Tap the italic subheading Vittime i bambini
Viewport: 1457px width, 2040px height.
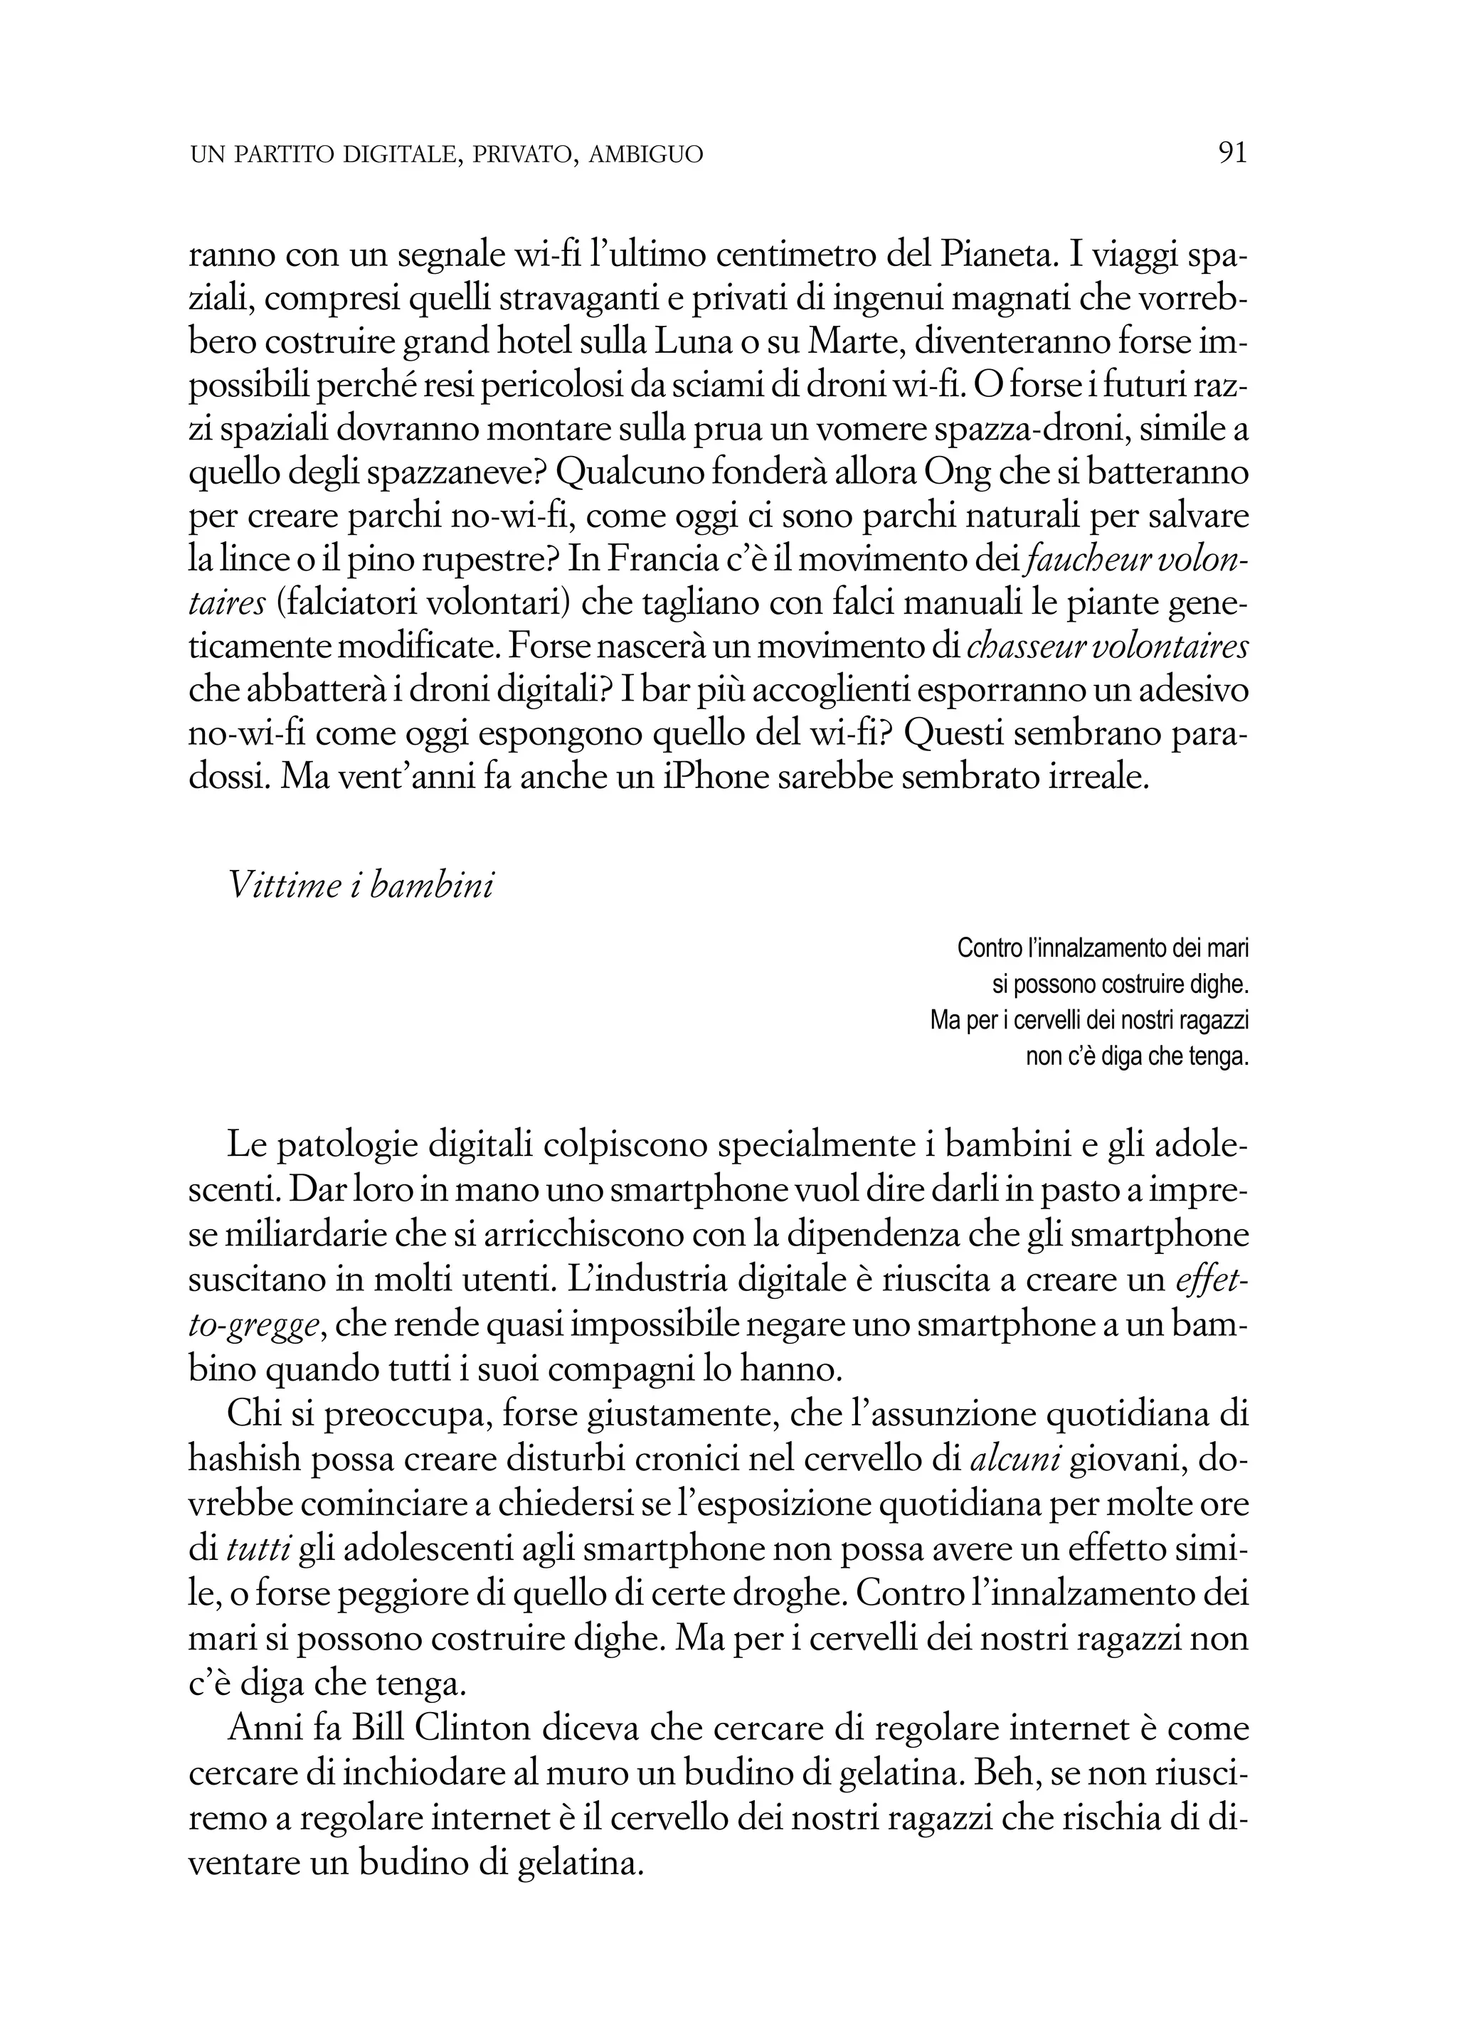[x=361, y=886]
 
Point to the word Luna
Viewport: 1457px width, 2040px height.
[x=687, y=343]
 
